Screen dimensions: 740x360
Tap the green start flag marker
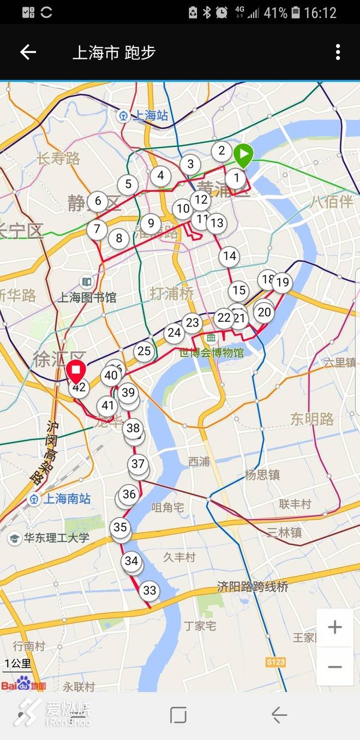point(243,155)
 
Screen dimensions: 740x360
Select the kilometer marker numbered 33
point(149,591)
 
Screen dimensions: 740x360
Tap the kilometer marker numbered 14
point(230,256)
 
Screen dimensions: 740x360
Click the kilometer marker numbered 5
point(128,184)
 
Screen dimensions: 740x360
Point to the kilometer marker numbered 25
point(144,351)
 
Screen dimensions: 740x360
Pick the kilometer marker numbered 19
point(282,282)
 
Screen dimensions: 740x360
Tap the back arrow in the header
point(28,52)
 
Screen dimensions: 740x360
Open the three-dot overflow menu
point(338,52)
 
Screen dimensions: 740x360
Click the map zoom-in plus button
point(334,627)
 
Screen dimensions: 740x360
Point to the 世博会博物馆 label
point(212,353)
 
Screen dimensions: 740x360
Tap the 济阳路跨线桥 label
point(252,587)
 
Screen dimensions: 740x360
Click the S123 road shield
point(275,662)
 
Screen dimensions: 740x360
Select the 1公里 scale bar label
point(18,664)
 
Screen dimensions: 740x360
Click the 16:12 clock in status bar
point(320,12)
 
